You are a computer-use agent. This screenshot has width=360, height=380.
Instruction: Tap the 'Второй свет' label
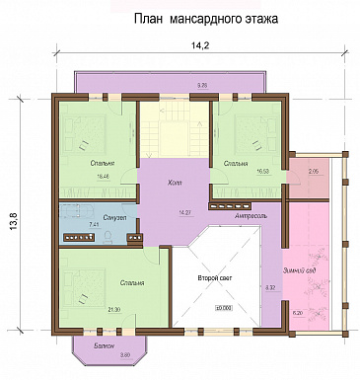click(213, 279)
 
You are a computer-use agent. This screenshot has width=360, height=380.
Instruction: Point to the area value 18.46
click(103, 176)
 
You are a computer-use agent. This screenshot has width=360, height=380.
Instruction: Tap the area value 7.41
click(94, 225)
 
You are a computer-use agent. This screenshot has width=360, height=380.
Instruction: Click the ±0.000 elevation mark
click(222, 309)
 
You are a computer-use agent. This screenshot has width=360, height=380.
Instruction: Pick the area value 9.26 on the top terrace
click(202, 86)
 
